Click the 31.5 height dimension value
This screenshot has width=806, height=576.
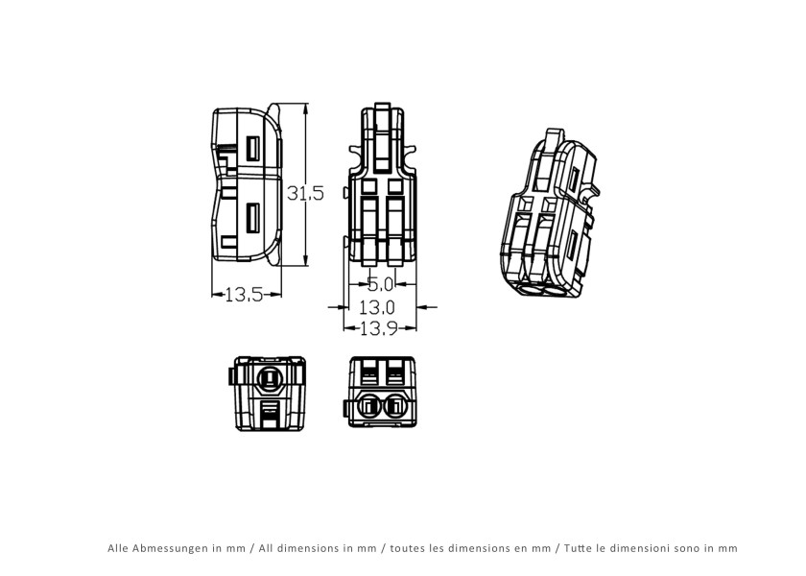(x=306, y=192)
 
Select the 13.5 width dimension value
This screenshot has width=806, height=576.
(x=244, y=295)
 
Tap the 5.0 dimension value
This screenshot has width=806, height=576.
(x=380, y=284)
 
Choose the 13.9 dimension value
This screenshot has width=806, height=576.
(x=380, y=328)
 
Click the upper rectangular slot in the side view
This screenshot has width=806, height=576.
(x=253, y=148)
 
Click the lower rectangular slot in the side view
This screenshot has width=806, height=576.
(x=253, y=218)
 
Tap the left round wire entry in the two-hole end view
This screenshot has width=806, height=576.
(x=368, y=407)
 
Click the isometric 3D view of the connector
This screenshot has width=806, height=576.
(x=548, y=216)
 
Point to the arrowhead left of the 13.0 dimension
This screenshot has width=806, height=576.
(x=339, y=307)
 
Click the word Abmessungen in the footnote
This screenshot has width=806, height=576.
(x=177, y=548)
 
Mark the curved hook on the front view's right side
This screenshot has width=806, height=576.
(x=414, y=155)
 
